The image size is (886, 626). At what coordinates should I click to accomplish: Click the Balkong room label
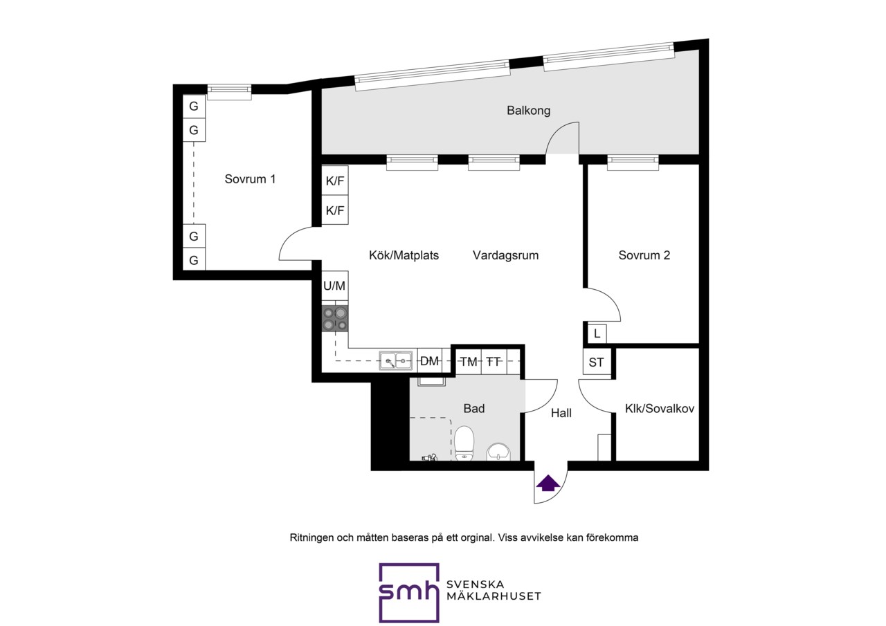(x=528, y=110)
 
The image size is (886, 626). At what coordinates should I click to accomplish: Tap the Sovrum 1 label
(x=250, y=179)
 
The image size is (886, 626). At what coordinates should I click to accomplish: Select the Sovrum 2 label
(x=644, y=255)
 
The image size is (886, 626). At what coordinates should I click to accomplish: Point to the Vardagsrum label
(x=505, y=255)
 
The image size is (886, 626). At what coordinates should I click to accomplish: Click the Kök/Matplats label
(x=404, y=255)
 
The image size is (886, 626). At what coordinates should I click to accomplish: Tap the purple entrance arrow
(x=548, y=484)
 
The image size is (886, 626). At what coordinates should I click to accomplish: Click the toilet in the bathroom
(x=464, y=443)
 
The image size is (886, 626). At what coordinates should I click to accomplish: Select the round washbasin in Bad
(x=498, y=452)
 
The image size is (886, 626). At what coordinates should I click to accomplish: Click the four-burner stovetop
(x=335, y=318)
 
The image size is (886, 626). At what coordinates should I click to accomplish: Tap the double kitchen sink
(x=395, y=361)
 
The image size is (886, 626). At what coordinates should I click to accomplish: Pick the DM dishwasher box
(x=430, y=361)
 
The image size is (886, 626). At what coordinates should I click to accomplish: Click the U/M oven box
(x=334, y=286)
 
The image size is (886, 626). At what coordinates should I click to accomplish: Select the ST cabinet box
(x=597, y=362)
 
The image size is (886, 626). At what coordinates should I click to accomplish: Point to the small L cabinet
(x=597, y=334)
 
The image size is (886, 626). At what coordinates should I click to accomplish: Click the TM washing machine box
(x=469, y=361)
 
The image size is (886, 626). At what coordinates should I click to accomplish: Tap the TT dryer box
(x=494, y=361)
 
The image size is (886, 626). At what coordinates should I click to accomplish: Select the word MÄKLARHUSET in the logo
(x=494, y=596)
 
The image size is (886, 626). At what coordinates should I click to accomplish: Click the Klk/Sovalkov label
(x=660, y=409)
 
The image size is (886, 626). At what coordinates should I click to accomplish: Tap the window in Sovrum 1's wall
(x=229, y=92)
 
